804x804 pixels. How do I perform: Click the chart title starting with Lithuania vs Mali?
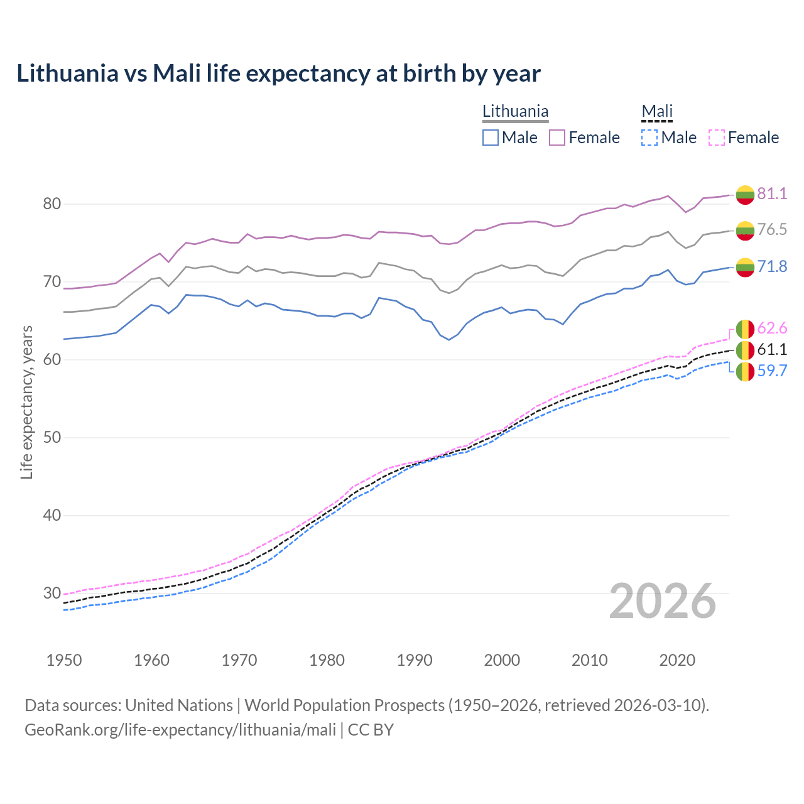[x=278, y=73]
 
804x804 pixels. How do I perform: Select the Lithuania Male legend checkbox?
[x=491, y=138]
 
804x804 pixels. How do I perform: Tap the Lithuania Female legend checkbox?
[x=557, y=138]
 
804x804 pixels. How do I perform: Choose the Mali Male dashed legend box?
[x=649, y=138]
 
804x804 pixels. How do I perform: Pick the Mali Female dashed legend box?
[x=717, y=138]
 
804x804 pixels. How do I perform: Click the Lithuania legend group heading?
[x=515, y=111]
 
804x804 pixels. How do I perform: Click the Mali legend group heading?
[x=657, y=111]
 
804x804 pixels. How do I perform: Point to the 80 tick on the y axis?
[x=52, y=204]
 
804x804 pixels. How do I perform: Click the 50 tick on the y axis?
[x=52, y=437]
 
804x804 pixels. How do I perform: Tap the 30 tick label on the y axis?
[x=52, y=593]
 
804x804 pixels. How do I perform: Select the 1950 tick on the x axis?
[x=64, y=660]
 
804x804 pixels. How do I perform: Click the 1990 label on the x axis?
[x=415, y=660]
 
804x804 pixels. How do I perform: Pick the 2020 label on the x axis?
[x=677, y=660]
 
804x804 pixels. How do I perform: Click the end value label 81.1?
[x=772, y=193]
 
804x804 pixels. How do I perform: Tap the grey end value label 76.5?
[x=772, y=229]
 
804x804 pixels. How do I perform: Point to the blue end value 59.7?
[x=772, y=371]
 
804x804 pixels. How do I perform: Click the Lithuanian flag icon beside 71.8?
[x=745, y=267]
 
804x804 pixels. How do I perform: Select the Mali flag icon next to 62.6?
[x=745, y=329]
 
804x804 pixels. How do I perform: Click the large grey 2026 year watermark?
[x=663, y=601]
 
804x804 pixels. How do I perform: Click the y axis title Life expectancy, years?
[x=26, y=402]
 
